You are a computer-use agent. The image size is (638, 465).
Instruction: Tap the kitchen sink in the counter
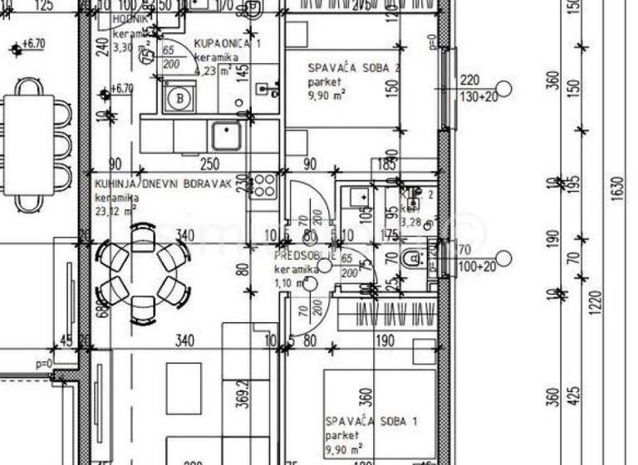coord(225,135)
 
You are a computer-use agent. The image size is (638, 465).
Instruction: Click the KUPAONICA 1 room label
coord(228,43)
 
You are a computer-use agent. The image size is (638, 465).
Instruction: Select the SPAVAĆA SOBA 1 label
coord(371,422)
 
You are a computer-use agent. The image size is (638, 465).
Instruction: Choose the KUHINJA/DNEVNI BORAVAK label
coord(161,185)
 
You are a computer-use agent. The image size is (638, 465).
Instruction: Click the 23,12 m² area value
coord(115,211)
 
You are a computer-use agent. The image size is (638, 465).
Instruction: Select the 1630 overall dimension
coord(616,190)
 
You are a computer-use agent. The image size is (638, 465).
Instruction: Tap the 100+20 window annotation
coord(477,266)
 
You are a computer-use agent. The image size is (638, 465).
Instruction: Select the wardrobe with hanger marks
coord(387,315)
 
